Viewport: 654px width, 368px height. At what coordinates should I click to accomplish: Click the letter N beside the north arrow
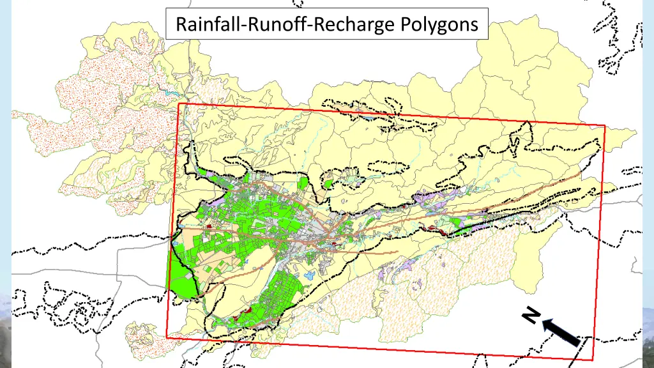(x=529, y=316)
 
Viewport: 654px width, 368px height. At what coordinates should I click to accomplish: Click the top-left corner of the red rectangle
(x=179, y=103)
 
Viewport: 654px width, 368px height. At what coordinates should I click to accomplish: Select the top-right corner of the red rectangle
(x=604, y=126)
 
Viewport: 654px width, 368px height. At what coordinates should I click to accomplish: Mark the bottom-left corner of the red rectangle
(x=167, y=337)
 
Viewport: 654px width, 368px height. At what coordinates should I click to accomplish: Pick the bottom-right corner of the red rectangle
(x=593, y=360)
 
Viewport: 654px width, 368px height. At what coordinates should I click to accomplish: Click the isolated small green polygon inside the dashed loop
(x=328, y=184)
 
